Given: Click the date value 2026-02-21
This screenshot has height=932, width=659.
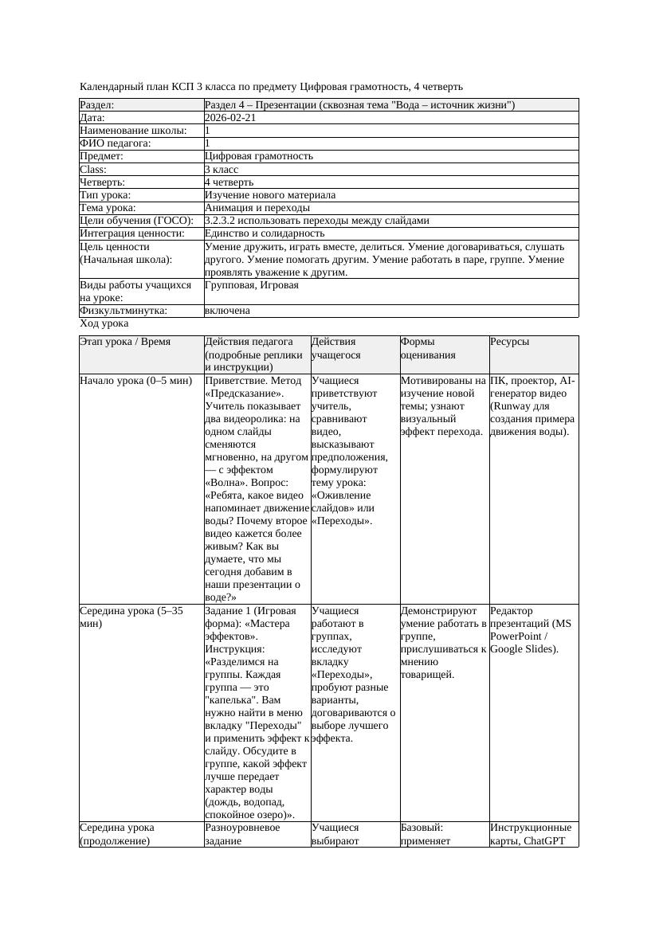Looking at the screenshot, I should [231, 118].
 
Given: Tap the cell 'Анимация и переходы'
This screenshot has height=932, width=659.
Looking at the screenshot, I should [257, 208].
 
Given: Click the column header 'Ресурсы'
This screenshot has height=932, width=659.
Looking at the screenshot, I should [510, 342].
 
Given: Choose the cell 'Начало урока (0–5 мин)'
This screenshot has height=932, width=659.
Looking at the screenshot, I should [135, 381].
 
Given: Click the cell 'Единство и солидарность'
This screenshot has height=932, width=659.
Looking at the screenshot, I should [265, 233].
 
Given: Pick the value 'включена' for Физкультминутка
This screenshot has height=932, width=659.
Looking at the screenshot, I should [227, 311].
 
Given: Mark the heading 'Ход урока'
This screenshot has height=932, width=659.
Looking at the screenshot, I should [104, 324].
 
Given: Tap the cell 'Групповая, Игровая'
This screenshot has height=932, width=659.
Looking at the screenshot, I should [252, 284].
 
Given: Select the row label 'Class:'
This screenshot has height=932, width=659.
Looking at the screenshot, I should [94, 170].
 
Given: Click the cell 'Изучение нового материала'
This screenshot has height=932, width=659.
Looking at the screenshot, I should [270, 195].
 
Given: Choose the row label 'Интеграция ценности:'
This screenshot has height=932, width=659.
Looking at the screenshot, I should [131, 233].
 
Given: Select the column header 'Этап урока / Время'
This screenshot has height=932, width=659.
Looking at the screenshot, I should [125, 342].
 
